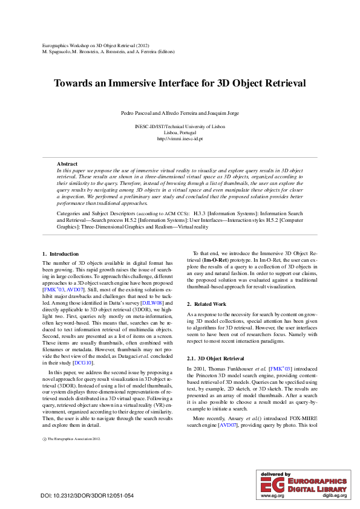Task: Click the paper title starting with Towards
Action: click(x=180, y=83)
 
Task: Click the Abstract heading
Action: click(x=67, y=164)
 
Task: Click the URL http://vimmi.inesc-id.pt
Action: click(x=180, y=138)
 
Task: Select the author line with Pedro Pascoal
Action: click(x=180, y=113)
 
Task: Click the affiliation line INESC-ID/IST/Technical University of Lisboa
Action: click(x=180, y=126)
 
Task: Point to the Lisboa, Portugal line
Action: click(x=180, y=132)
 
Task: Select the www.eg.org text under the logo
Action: click(x=272, y=495)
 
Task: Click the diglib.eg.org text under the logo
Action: click(x=334, y=495)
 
